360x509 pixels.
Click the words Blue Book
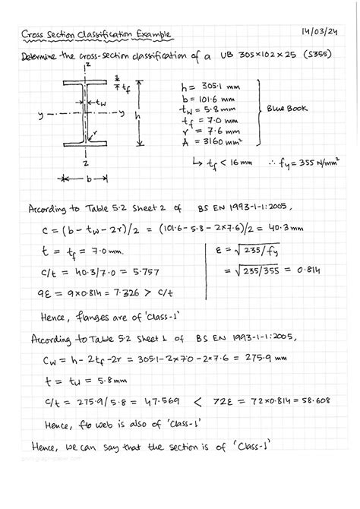tap(289, 109)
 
